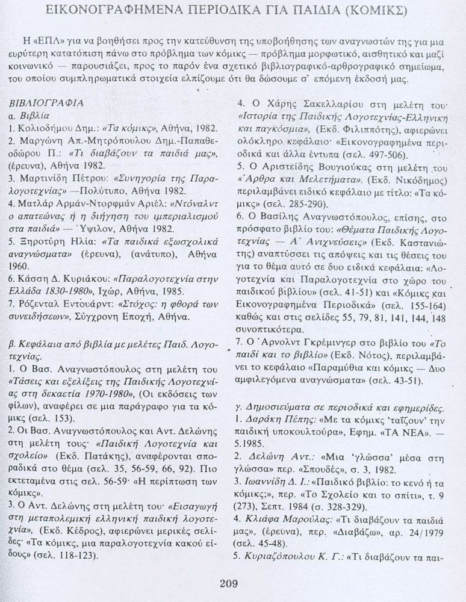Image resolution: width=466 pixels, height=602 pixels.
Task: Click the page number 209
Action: click(x=229, y=582)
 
